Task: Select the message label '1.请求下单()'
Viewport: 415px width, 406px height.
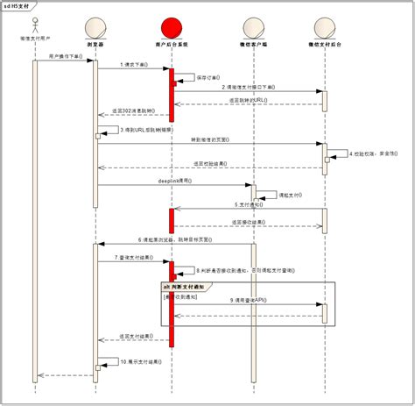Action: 132,65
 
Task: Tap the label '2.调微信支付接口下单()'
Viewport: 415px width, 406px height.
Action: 250,88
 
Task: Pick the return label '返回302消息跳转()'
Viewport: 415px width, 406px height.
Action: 132,111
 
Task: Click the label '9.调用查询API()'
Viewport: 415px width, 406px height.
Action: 248,301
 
